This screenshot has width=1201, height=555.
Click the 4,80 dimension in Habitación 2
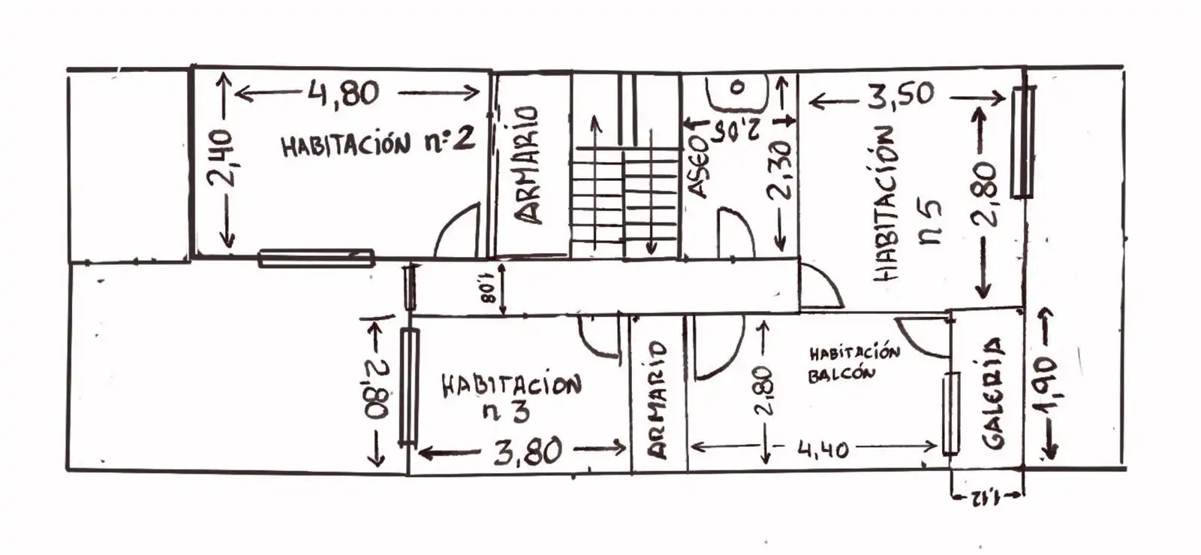[x=343, y=94]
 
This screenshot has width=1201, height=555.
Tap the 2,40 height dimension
[x=221, y=158]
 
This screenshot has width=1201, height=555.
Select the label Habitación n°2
[x=378, y=143]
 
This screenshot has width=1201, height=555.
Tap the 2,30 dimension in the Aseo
[x=779, y=170]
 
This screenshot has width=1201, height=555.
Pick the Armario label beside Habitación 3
[x=657, y=400]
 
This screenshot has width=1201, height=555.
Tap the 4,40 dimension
[x=823, y=449]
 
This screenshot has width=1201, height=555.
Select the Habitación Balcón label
[x=853, y=362]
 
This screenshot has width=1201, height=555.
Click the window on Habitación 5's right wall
[x=1022, y=142]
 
